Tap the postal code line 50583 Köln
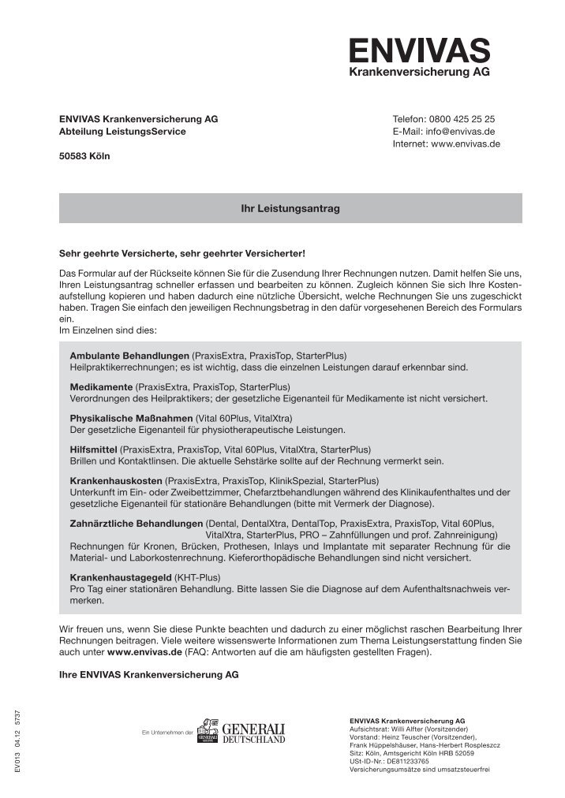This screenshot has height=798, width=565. (85, 157)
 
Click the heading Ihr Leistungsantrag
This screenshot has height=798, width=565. (290, 208)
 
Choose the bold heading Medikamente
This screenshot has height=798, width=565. (101, 386)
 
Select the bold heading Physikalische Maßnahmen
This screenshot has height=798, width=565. (131, 417)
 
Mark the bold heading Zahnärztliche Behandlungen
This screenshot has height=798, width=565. (137, 523)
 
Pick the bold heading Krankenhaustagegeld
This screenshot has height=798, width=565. (121, 577)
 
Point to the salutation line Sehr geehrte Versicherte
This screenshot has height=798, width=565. (181, 254)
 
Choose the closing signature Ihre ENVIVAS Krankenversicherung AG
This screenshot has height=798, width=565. (149, 676)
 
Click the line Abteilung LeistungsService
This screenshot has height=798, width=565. (122, 132)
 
